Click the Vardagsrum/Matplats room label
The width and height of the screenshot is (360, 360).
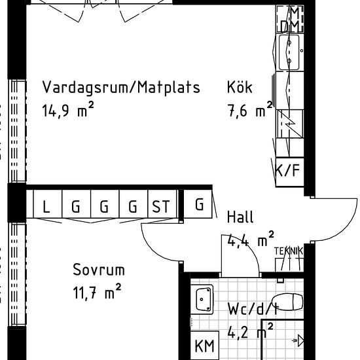tap(121, 88)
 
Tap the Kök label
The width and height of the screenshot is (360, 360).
tap(240, 88)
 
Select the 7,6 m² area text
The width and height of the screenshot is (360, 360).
tap(249, 111)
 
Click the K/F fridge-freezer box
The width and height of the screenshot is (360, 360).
tap(288, 172)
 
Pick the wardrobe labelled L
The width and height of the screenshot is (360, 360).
tap(46, 207)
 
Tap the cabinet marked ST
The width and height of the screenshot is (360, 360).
tap(160, 207)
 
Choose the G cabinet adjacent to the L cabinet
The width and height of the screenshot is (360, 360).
tap(75, 207)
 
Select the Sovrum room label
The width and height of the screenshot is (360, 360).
tap(99, 270)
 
